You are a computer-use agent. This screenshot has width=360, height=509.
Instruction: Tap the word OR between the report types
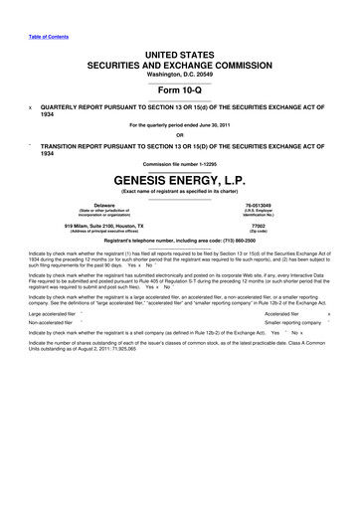pos(179,135)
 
